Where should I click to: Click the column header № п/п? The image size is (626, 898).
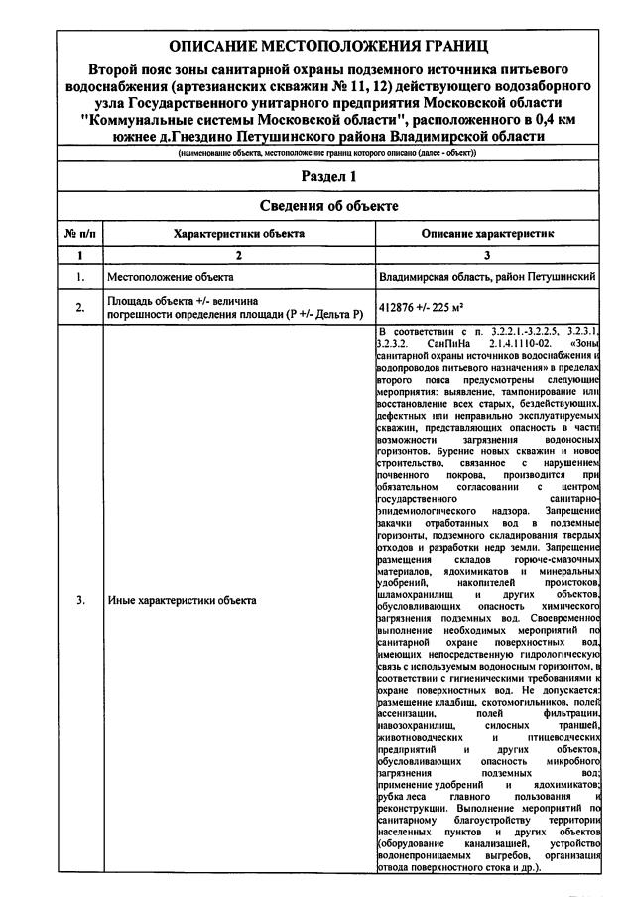tap(78, 233)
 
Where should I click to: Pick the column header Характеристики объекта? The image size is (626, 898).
tap(239, 233)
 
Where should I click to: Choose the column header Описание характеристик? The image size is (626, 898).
tap(488, 233)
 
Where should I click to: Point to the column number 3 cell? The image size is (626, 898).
tap(488, 255)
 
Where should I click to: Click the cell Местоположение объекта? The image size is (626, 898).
tap(170, 276)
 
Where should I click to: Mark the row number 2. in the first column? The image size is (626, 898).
tap(78, 308)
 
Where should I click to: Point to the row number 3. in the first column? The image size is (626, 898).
tap(78, 601)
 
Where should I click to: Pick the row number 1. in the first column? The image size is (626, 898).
tap(78, 276)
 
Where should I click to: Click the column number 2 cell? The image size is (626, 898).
tap(239, 255)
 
